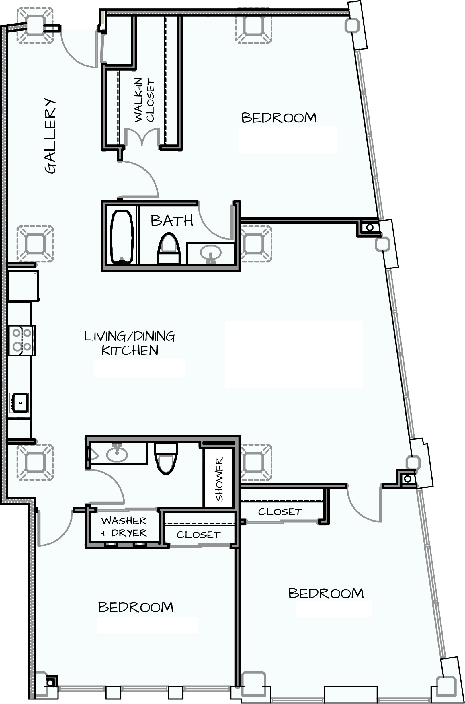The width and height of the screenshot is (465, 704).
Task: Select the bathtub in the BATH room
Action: tap(121, 236)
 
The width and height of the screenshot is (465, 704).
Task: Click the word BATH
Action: tap(172, 221)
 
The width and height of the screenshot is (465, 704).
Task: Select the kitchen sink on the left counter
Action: tap(19, 403)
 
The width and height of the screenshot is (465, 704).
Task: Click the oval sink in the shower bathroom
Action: tap(117, 454)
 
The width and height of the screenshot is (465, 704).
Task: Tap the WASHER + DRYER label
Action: tap(124, 527)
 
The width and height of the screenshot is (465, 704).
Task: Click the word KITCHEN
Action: tap(130, 350)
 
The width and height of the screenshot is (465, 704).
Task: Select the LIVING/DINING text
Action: tap(130, 336)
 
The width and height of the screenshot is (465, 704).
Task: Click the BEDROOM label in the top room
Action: tap(279, 118)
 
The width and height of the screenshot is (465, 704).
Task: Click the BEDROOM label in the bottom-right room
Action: tap(326, 593)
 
